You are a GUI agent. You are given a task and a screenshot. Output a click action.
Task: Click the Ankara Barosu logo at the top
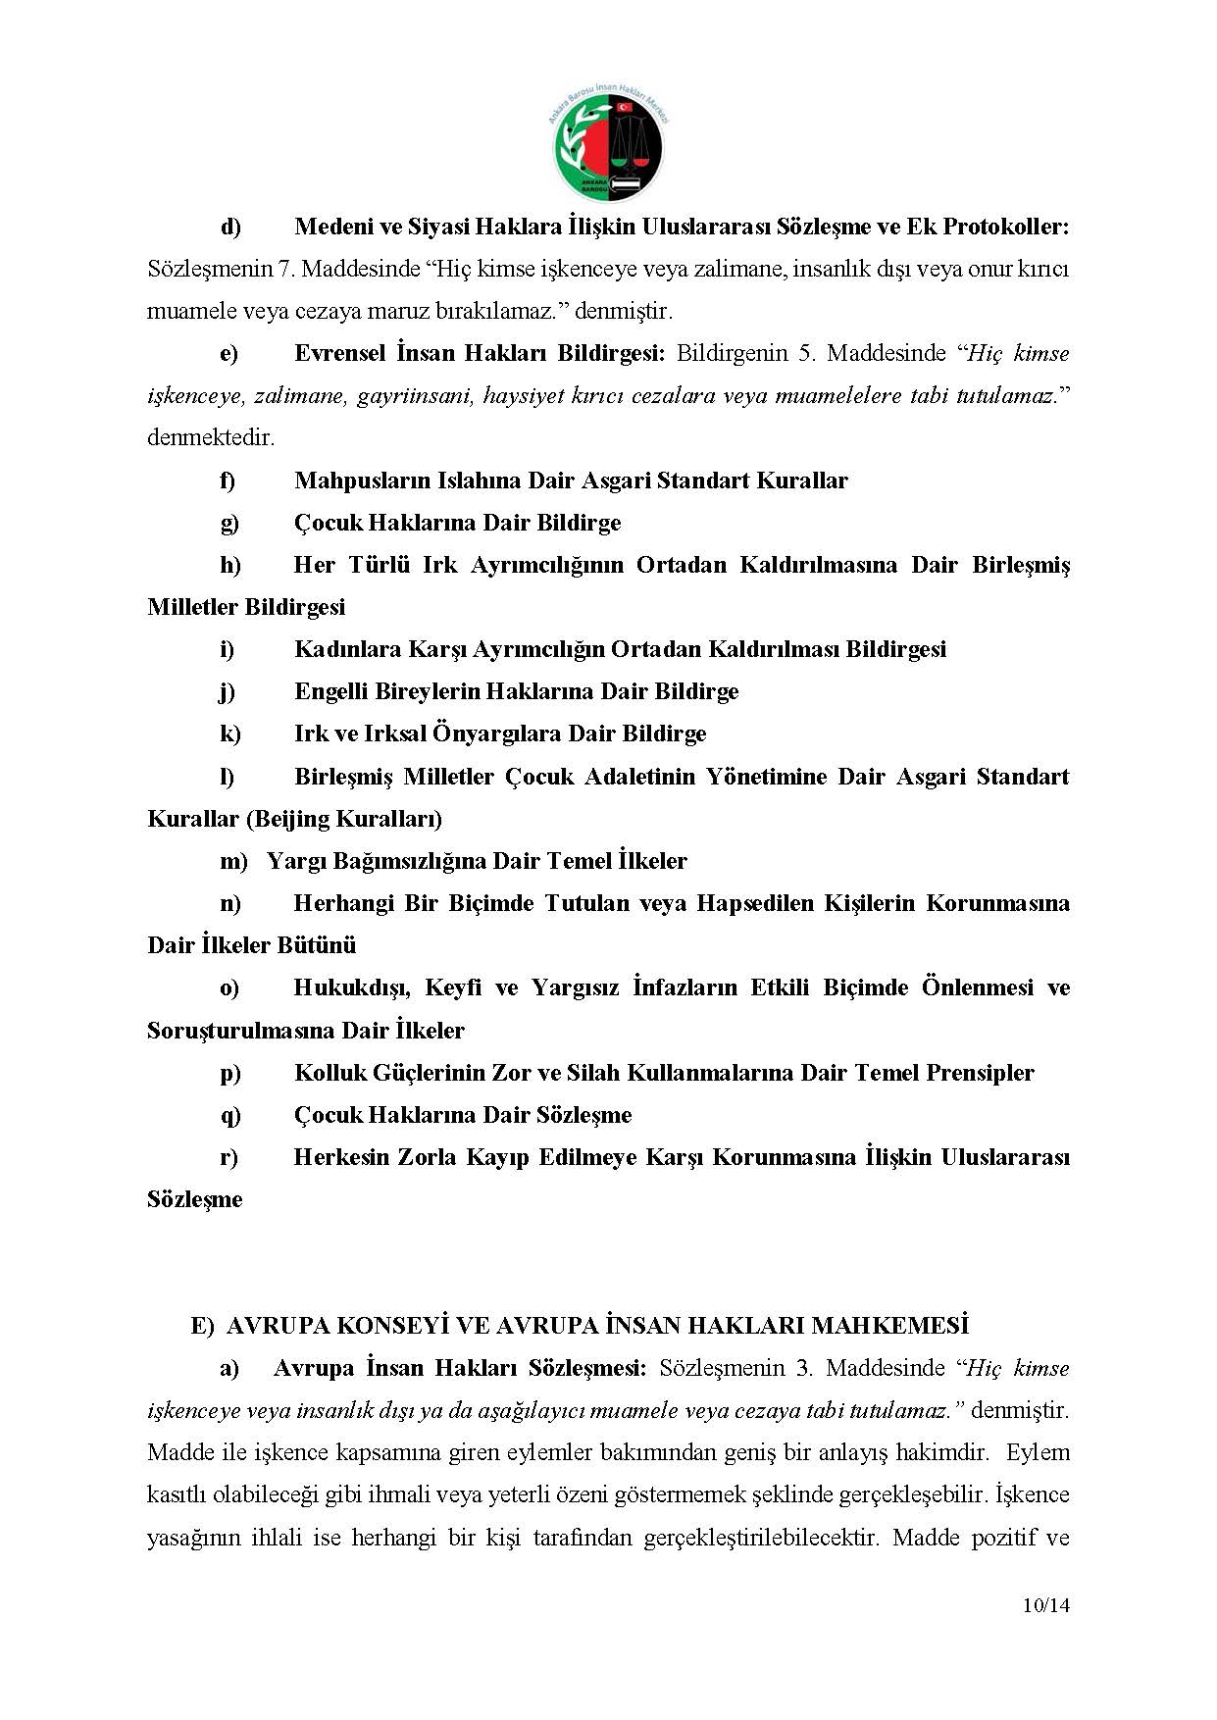coord(608,144)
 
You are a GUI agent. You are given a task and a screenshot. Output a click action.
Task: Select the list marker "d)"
coord(229,228)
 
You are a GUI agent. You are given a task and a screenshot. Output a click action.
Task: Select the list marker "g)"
coord(229,523)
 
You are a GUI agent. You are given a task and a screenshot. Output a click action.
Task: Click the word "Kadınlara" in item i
coord(340,649)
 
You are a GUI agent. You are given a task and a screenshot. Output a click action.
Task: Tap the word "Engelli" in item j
coord(330,691)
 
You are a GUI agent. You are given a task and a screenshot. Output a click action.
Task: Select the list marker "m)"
coord(233,861)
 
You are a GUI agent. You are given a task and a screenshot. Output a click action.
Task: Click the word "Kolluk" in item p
coord(329,1073)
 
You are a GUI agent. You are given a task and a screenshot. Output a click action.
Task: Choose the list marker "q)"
coord(229,1115)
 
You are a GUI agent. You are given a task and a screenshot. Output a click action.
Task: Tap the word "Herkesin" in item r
coord(339,1157)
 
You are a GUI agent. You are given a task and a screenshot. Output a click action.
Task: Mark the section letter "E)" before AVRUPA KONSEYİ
coord(202,1326)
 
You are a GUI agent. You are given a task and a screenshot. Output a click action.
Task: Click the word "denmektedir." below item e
coord(211,437)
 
